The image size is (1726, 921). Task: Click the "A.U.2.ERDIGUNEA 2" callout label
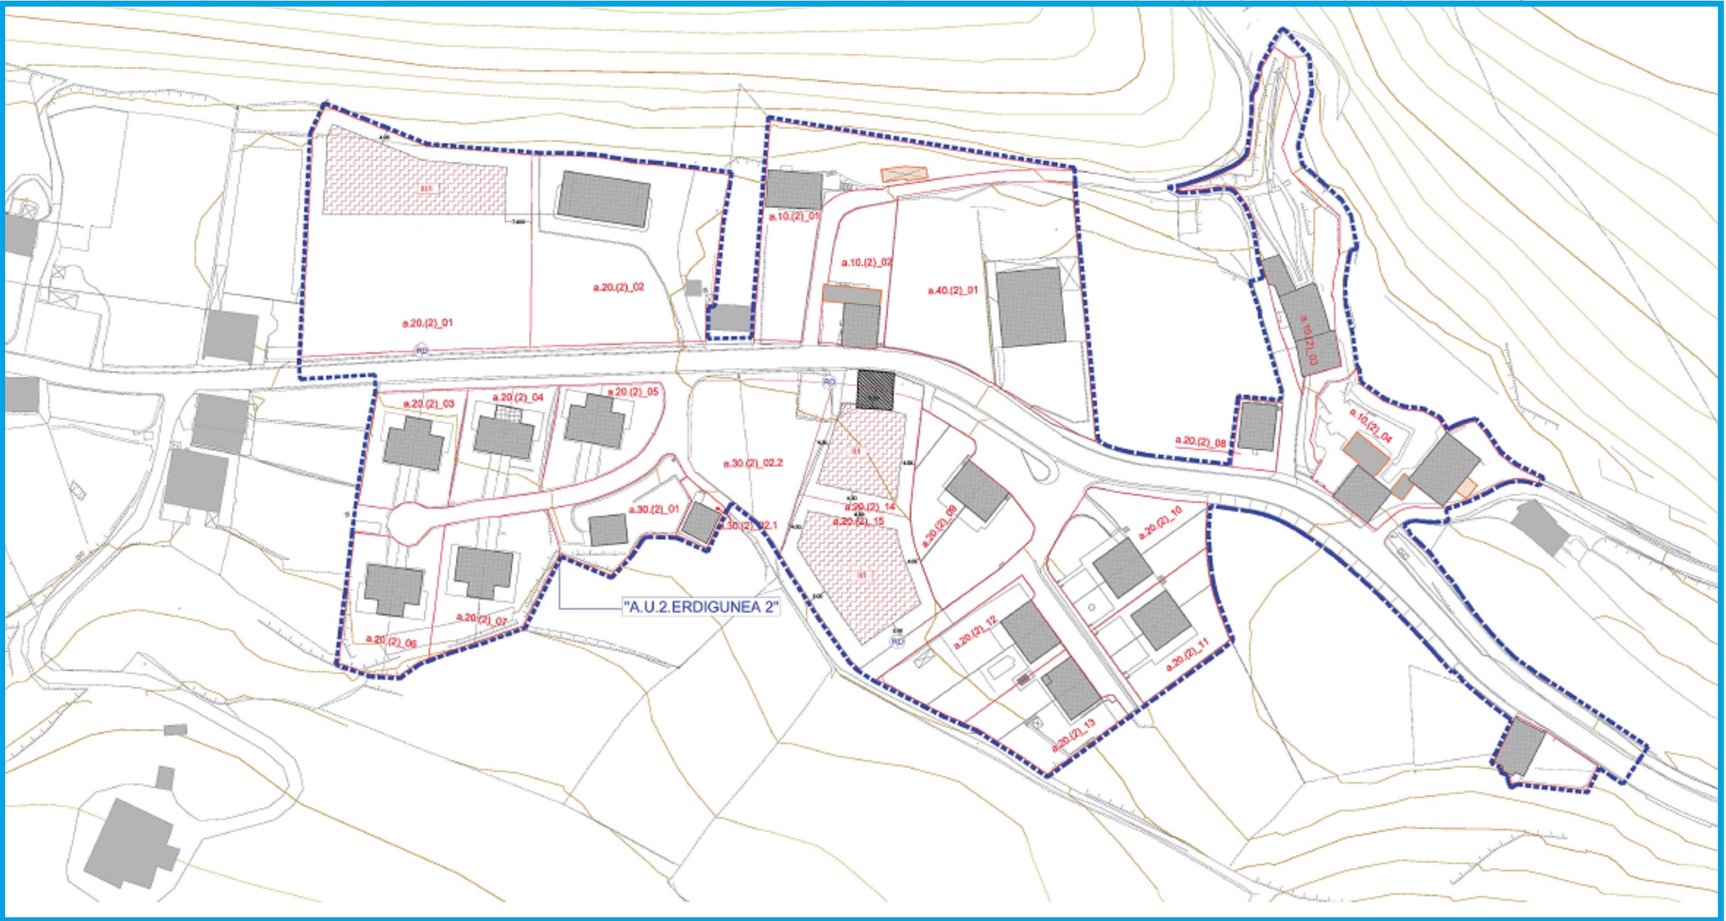[x=701, y=607]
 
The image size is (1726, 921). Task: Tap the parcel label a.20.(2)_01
[x=428, y=322]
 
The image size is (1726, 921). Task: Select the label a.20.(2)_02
[x=619, y=287]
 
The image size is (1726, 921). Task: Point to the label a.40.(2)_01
[x=952, y=290]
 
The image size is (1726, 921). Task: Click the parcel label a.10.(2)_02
[x=867, y=262]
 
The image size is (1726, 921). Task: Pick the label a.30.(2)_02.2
[x=753, y=463]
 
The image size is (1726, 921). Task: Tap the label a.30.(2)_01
[x=654, y=509]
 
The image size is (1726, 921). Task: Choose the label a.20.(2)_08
[x=1200, y=441]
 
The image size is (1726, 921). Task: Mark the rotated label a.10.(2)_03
[x=1308, y=339]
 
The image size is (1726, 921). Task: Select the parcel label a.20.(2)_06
[x=391, y=641]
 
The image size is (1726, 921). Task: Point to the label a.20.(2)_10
[x=1160, y=522]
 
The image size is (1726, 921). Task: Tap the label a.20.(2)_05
[x=633, y=392]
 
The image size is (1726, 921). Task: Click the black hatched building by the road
[x=875, y=389]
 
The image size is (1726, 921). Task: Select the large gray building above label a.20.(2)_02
[x=603, y=200]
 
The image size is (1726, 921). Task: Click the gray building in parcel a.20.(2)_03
[x=413, y=443]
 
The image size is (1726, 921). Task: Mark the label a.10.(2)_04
[x=1371, y=425]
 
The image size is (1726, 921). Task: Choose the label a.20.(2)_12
[x=976, y=633]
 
